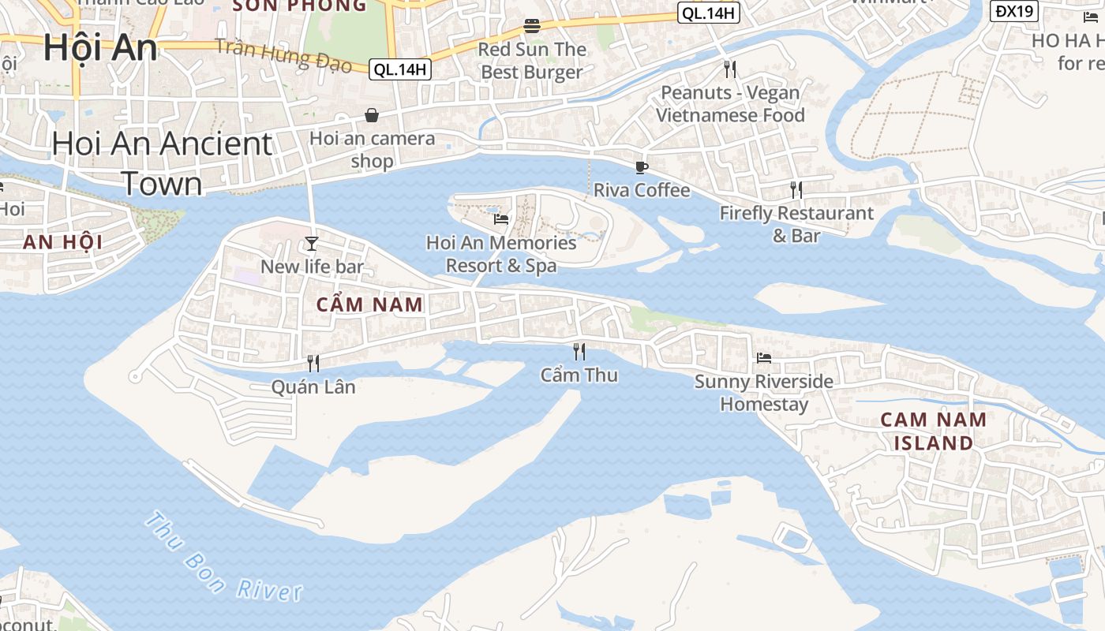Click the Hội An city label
click(x=100, y=47)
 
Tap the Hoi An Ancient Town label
click(x=162, y=163)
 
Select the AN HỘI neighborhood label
click(x=62, y=242)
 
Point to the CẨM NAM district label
click(x=369, y=304)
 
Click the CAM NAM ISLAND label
click(x=933, y=431)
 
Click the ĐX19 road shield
click(x=1014, y=11)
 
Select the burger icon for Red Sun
click(x=532, y=26)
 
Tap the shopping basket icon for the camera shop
click(x=372, y=116)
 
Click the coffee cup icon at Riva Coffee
click(x=641, y=167)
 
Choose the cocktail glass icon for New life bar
click(x=312, y=243)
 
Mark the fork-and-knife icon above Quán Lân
click(x=313, y=363)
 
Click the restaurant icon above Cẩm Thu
click(x=579, y=351)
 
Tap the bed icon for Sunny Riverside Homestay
click(x=763, y=357)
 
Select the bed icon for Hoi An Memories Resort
click(x=500, y=218)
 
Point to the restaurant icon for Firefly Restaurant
click(x=796, y=189)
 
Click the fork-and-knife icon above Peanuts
click(x=730, y=69)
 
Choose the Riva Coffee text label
click(x=641, y=190)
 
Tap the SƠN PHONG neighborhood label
click(x=299, y=6)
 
